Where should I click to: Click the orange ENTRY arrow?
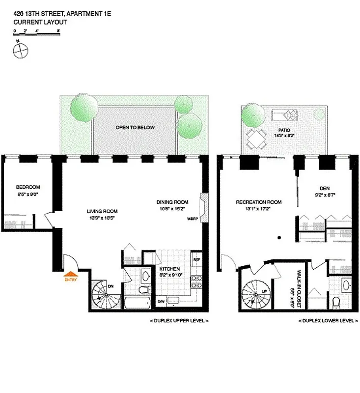pos(71,275)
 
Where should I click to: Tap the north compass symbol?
pos(21,49)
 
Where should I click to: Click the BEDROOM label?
pos(28,187)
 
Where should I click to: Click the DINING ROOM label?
pos(172,202)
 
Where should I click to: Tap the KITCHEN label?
pos(169,269)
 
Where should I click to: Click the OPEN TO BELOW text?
pos(135,128)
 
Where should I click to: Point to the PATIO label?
pos(283,130)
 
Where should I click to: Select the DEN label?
pos(324,188)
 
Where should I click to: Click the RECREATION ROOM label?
pos(258,202)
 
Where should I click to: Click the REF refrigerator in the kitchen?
pos(196,259)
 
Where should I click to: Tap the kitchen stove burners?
pos(196,281)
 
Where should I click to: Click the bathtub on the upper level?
pos(138,301)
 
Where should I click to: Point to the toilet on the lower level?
pos(336,301)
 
